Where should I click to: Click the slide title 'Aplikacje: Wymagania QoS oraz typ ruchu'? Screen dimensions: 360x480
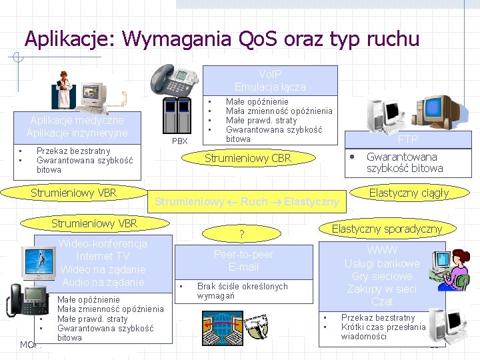point(221,39)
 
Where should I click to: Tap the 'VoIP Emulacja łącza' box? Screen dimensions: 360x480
point(270,81)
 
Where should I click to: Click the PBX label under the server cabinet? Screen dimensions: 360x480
point(180,141)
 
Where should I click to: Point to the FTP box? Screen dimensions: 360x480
point(407,140)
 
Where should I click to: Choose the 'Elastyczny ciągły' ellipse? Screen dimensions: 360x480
point(409,193)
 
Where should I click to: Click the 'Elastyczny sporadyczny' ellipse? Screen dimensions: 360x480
point(387,229)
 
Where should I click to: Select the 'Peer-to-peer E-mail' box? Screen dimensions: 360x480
point(243,261)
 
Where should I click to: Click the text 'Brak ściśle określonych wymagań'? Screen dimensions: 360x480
point(242,291)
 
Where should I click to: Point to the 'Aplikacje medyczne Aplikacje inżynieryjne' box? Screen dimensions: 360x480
point(77,127)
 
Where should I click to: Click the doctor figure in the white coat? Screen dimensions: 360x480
point(64,90)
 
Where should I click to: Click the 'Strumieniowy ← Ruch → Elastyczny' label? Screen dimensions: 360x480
point(247,201)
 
